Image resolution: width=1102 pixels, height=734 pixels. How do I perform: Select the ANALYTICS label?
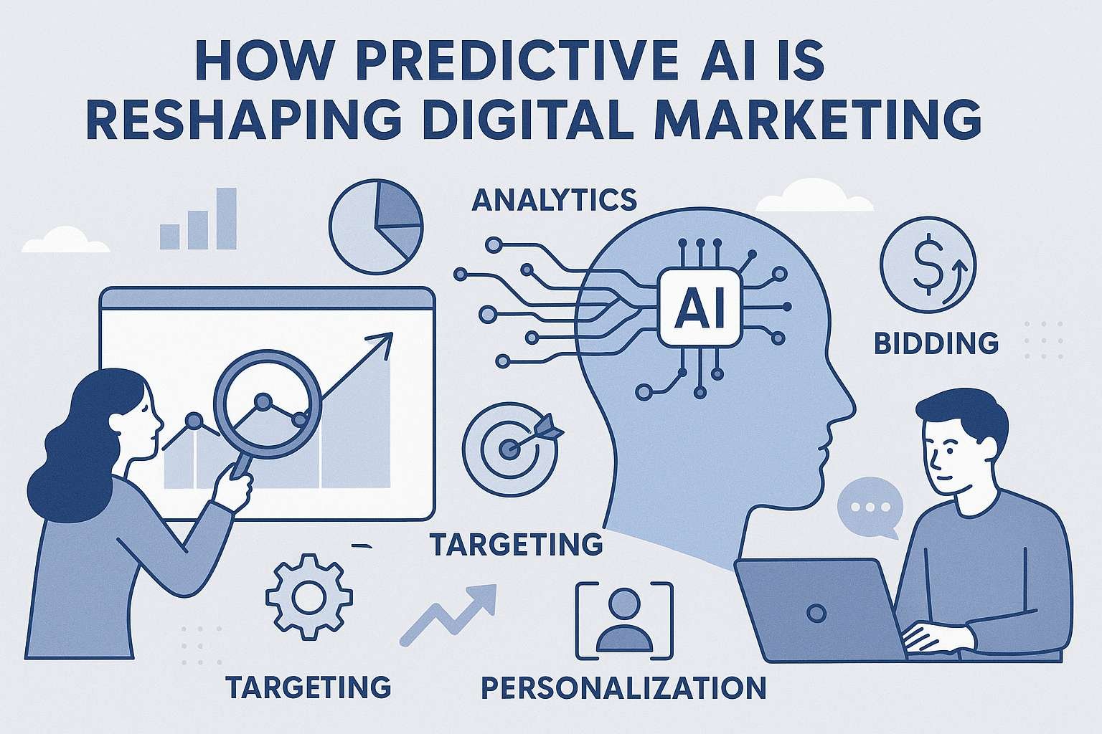click(555, 199)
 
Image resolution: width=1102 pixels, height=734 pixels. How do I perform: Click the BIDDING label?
click(936, 343)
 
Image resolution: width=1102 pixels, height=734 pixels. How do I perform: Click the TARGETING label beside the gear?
click(309, 687)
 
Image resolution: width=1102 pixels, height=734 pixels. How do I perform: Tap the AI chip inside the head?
click(699, 308)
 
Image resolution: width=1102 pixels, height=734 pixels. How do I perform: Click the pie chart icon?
click(375, 227)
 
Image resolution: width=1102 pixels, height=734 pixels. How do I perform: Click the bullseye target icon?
click(512, 447)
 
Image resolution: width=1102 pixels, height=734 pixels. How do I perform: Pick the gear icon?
click(309, 596)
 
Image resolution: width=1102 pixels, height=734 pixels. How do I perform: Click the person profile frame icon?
click(624, 621)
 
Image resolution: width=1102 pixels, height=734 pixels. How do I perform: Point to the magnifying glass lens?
click(266, 402)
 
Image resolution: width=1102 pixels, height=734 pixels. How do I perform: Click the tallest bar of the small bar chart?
click(226, 219)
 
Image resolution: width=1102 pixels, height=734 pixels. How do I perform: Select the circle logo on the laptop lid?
click(816, 613)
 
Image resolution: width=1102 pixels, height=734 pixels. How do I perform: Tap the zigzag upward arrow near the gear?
click(448, 614)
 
